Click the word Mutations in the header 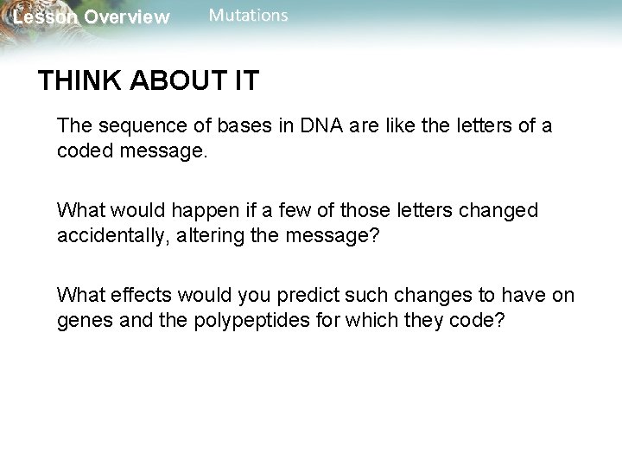point(249,16)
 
